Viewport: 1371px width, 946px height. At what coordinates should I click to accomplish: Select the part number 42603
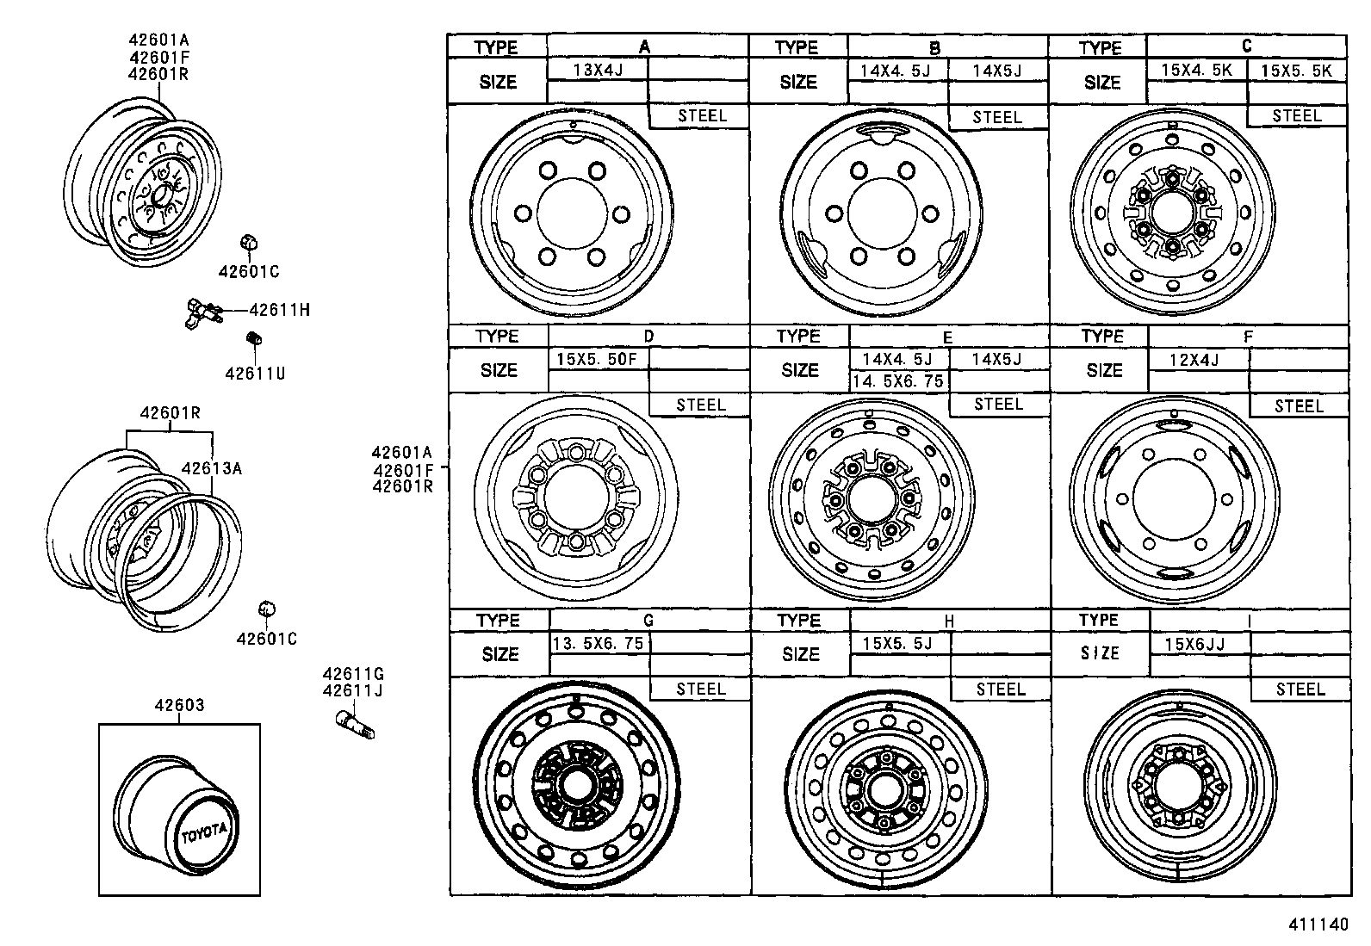click(179, 705)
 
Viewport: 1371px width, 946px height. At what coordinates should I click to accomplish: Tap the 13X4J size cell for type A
click(597, 70)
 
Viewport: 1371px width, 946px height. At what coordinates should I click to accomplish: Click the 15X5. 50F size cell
click(597, 358)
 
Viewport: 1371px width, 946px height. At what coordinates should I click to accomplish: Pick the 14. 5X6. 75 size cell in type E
click(898, 380)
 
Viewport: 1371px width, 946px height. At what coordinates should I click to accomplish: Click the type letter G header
click(648, 620)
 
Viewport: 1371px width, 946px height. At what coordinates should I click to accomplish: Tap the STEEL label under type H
click(1001, 689)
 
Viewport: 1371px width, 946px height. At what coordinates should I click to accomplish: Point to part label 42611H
click(279, 310)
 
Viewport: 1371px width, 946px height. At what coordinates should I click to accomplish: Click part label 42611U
click(255, 374)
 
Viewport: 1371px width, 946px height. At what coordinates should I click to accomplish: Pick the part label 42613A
click(211, 468)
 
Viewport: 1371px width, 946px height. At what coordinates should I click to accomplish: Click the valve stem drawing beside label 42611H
click(204, 312)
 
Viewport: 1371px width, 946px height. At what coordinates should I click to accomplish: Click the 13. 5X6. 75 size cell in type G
click(598, 643)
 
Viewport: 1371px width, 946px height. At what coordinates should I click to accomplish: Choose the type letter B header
click(934, 48)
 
